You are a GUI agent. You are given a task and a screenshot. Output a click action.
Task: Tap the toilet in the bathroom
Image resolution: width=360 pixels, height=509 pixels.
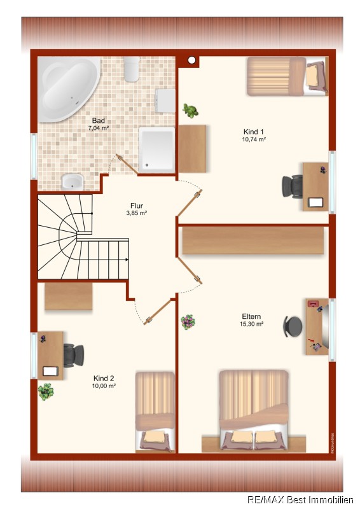pyautogui.click(x=132, y=69)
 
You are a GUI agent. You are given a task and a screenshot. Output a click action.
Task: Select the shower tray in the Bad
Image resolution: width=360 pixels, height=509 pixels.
pyautogui.click(x=157, y=150)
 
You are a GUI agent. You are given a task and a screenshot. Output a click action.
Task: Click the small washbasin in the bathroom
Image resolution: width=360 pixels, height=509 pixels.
pyautogui.click(x=73, y=181)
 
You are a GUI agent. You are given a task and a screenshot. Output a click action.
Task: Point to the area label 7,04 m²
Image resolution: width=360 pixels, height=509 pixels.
pyautogui.click(x=99, y=129)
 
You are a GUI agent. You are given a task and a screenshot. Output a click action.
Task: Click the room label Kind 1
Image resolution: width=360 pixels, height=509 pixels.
pyautogui.click(x=254, y=132)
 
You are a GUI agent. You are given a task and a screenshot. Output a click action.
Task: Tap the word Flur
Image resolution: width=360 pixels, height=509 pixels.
pyautogui.click(x=137, y=206)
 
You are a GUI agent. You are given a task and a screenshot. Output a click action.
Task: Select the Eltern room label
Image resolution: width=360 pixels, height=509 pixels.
pyautogui.click(x=251, y=316)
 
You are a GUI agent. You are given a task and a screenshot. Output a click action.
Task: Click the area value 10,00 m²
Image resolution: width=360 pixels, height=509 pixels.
pyautogui.click(x=104, y=386)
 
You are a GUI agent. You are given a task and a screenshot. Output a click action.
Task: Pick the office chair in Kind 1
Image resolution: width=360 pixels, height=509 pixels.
pyautogui.click(x=293, y=186)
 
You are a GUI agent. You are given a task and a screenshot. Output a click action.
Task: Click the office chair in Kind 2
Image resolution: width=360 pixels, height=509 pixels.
pyautogui.click(x=74, y=356)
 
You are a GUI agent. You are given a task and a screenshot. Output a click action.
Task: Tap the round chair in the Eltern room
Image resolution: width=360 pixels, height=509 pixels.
pyautogui.click(x=293, y=326)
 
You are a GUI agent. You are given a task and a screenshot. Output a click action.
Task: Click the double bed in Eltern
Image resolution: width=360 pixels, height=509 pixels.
pyautogui.click(x=254, y=410)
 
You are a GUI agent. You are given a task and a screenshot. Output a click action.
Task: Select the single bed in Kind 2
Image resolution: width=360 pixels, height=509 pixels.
pyautogui.click(x=155, y=412)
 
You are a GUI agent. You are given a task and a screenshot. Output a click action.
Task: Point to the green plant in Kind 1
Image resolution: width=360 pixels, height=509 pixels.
pyautogui.click(x=190, y=111)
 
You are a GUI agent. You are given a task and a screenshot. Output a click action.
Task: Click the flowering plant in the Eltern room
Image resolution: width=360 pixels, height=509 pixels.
pyautogui.click(x=188, y=322)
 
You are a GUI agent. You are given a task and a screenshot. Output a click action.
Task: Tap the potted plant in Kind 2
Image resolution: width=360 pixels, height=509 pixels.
pyautogui.click(x=46, y=392)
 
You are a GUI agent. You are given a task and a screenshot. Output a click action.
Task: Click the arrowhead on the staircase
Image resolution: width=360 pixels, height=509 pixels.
pyautogui.click(x=127, y=260)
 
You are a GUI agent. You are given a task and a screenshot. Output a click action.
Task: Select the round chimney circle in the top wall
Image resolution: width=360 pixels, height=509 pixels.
pyautogui.click(x=192, y=60)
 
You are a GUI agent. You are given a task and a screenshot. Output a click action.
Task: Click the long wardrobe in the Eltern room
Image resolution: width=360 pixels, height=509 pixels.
pyautogui.click(x=253, y=241)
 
